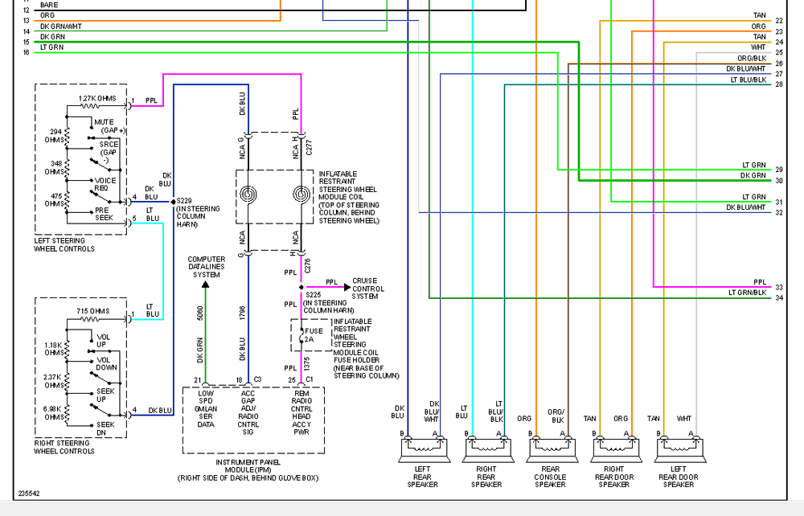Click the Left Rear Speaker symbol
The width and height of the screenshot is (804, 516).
tap(424, 449)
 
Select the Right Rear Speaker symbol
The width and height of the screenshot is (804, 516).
tap(488, 449)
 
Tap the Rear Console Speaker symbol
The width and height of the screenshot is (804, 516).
tap(552, 449)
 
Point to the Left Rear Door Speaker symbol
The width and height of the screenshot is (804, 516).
tap(680, 449)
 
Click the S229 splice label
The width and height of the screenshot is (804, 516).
tap(184, 201)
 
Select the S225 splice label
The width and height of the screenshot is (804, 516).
tap(314, 295)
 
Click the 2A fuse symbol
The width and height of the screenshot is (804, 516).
tap(301, 335)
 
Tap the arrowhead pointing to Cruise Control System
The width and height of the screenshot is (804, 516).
tap(347, 288)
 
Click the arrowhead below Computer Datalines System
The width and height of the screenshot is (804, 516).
tap(206, 285)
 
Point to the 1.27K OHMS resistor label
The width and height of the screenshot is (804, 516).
tap(97, 98)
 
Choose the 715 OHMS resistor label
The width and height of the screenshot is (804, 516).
tap(92, 311)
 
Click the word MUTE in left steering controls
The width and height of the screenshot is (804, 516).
tap(104, 122)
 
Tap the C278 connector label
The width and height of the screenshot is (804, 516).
tap(308, 265)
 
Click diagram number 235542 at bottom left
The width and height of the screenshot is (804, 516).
tap(29, 493)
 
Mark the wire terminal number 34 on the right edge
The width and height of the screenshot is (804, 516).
tap(779, 297)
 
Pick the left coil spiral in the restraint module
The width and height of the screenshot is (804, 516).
tap(248, 195)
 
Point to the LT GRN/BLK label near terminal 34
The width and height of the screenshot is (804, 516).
tap(748, 293)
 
